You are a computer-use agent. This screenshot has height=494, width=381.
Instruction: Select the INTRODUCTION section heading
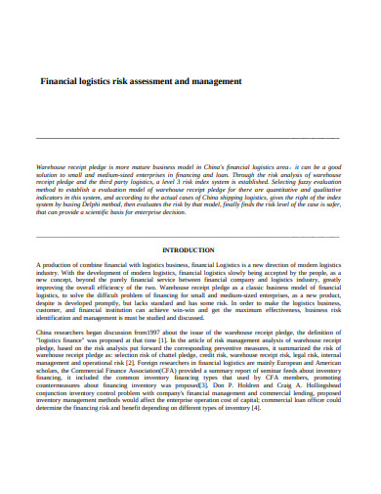click(x=190, y=249)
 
